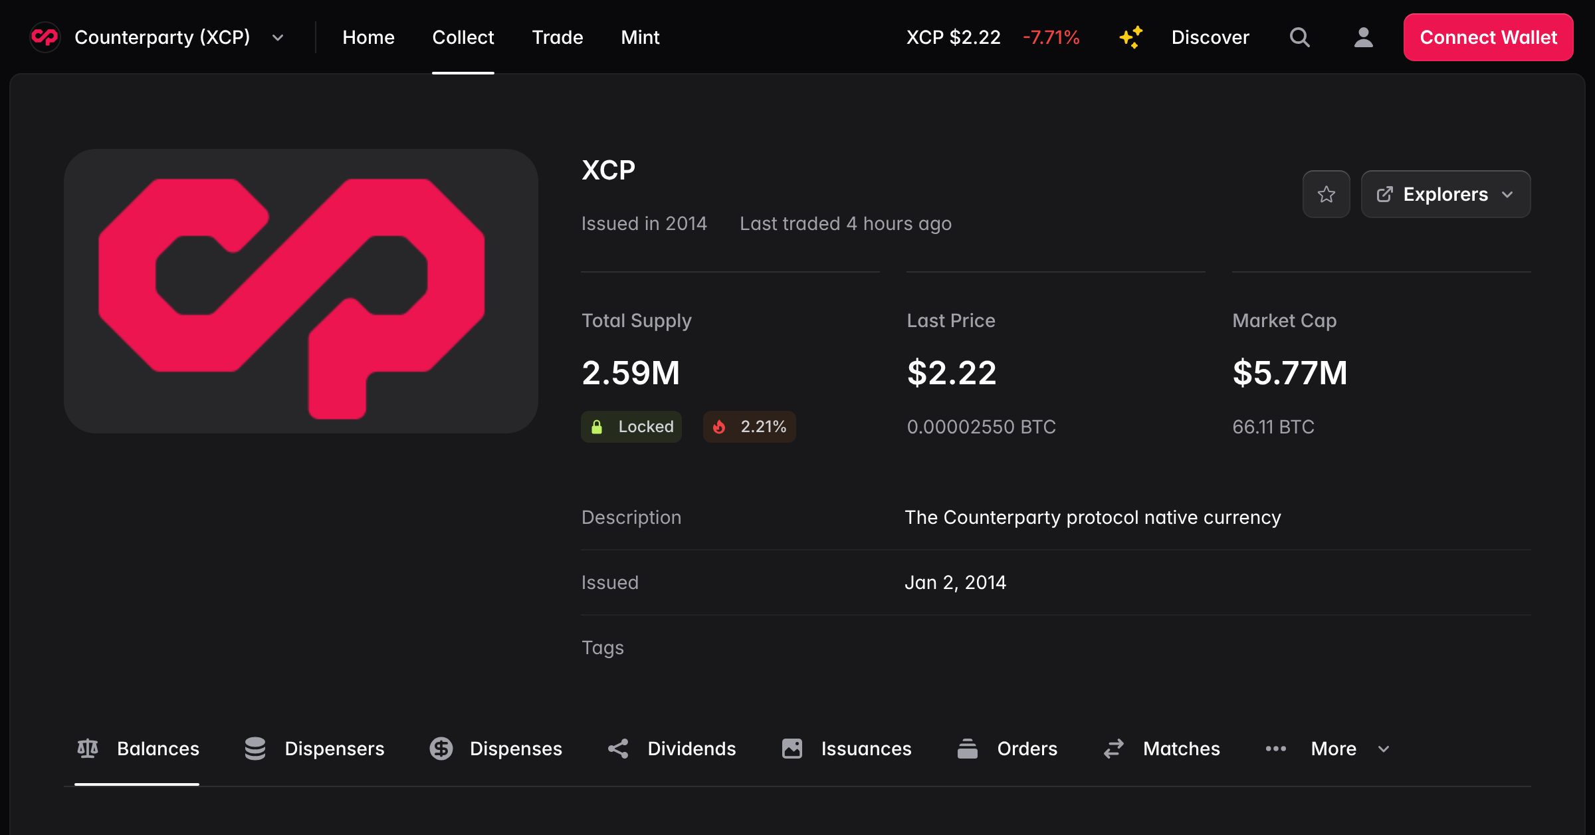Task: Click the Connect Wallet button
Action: click(x=1487, y=37)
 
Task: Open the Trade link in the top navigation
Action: click(x=557, y=37)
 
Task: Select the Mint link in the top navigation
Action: click(x=639, y=37)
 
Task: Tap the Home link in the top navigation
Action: click(x=368, y=37)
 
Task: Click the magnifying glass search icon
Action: click(x=1299, y=37)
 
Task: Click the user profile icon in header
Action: click(x=1363, y=37)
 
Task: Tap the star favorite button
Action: click(x=1326, y=194)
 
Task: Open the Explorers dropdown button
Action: click(x=1445, y=194)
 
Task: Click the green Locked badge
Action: click(x=631, y=427)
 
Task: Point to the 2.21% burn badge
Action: click(x=750, y=427)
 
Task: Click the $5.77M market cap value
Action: click(x=1289, y=372)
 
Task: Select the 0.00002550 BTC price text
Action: click(x=981, y=427)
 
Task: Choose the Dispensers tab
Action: click(x=314, y=749)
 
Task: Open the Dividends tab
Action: click(x=672, y=749)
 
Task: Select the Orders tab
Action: click(x=1007, y=749)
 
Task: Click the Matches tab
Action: click(x=1162, y=749)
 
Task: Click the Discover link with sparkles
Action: click(x=1184, y=37)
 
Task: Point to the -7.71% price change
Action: click(x=1051, y=37)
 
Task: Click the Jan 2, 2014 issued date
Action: click(x=955, y=582)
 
